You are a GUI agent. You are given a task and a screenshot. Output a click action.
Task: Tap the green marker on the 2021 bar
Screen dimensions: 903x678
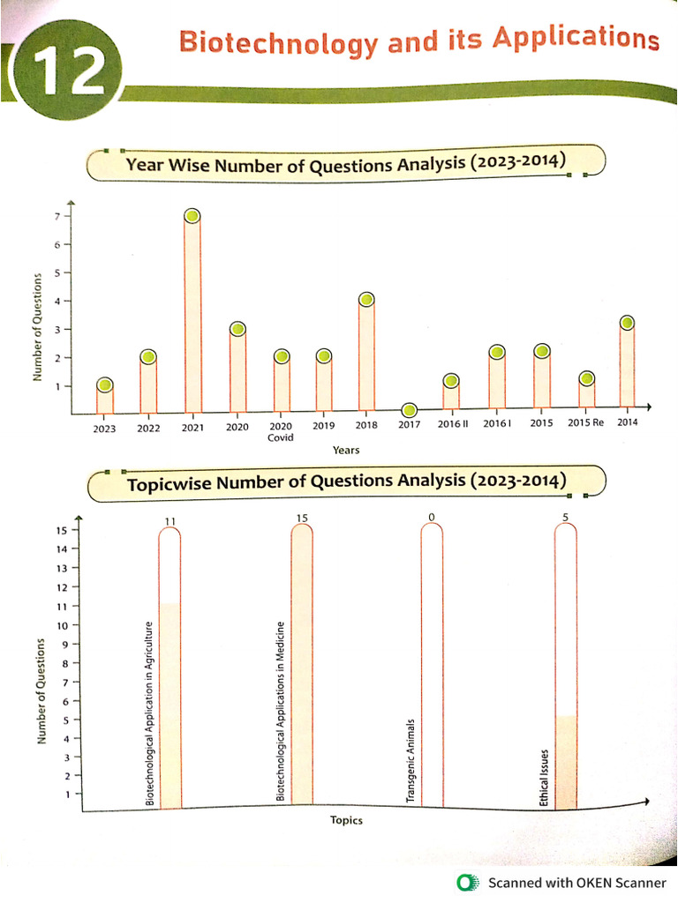click(x=192, y=216)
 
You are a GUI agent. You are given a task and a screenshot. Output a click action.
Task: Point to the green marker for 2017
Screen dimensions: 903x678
click(x=409, y=409)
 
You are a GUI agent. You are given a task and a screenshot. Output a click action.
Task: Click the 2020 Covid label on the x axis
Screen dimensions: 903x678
click(x=280, y=430)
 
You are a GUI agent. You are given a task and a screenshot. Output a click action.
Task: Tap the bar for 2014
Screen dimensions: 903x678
click(x=627, y=366)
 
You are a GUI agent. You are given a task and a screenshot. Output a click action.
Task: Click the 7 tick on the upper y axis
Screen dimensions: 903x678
click(x=56, y=216)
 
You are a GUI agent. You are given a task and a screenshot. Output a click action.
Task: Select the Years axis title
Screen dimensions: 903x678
click(x=345, y=450)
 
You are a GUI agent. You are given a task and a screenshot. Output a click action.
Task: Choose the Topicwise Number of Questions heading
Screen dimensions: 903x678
click(x=346, y=482)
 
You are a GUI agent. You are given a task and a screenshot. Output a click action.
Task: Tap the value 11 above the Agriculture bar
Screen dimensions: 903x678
click(x=170, y=521)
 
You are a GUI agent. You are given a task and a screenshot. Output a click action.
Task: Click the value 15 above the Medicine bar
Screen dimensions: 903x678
click(x=302, y=518)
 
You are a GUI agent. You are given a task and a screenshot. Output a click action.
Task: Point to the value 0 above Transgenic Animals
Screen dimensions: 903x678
click(x=432, y=517)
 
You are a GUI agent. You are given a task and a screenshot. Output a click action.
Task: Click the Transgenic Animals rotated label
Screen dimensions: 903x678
click(x=411, y=760)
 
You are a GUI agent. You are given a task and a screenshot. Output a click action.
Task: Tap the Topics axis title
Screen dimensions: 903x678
click(x=346, y=820)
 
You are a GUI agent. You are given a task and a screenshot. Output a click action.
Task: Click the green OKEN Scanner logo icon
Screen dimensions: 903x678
click(x=466, y=883)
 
